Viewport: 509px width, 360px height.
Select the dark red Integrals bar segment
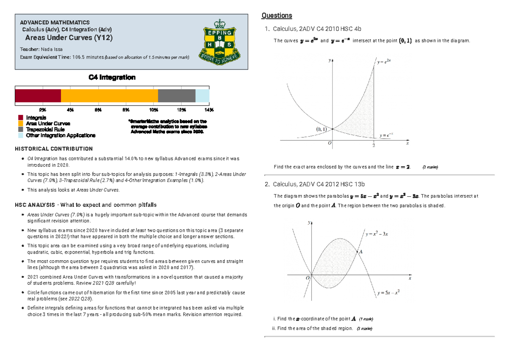tap(38, 96)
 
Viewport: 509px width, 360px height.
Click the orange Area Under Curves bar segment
tap(109, 96)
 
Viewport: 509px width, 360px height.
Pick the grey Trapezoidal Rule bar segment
tap(176, 96)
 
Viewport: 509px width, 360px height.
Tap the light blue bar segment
tap(202, 96)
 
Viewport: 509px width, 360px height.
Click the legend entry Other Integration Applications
tap(60, 135)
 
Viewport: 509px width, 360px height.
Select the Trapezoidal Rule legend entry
tap(45, 129)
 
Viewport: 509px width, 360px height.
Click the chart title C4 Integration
tap(112, 77)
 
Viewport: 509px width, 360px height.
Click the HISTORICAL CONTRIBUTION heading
tap(54, 149)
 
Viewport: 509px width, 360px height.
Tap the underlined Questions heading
tap(277, 16)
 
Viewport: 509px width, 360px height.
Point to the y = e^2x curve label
tap(384, 62)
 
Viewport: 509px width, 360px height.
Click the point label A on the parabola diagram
tap(361, 251)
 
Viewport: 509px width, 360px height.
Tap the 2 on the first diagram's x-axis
tap(374, 146)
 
